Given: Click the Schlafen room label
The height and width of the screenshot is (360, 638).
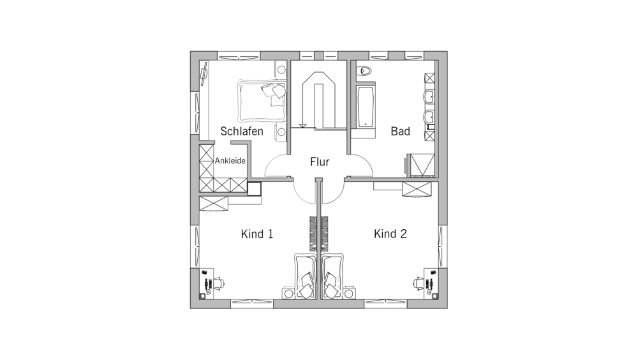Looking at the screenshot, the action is (242, 131).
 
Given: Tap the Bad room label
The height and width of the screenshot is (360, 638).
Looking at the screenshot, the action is (401, 131).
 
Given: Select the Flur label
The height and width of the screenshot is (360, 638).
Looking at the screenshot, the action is (320, 161).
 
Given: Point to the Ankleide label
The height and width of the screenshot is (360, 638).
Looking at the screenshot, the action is (230, 161).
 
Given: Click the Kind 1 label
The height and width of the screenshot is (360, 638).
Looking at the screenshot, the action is (257, 234).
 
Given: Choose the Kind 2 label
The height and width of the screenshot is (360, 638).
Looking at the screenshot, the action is (390, 234).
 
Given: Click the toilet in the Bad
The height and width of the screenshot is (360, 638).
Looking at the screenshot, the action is (364, 71).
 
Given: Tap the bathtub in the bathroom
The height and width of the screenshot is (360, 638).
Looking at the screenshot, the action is (366, 106).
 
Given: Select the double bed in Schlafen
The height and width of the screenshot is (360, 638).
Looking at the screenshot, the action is (262, 101).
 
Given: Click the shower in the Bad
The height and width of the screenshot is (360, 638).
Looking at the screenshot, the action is (422, 165).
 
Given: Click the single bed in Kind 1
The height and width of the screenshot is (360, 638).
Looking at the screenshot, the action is (305, 276).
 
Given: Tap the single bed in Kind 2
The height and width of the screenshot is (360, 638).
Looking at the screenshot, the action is (333, 276).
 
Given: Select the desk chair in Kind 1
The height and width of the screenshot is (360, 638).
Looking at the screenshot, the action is (219, 283).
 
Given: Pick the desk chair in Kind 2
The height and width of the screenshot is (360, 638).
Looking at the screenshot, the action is (419, 283).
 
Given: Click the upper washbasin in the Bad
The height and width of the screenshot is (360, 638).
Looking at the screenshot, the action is (429, 98).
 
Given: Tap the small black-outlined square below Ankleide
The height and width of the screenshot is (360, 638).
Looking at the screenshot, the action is (255, 188).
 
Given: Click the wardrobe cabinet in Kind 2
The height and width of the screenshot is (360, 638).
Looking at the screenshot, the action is (416, 190).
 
